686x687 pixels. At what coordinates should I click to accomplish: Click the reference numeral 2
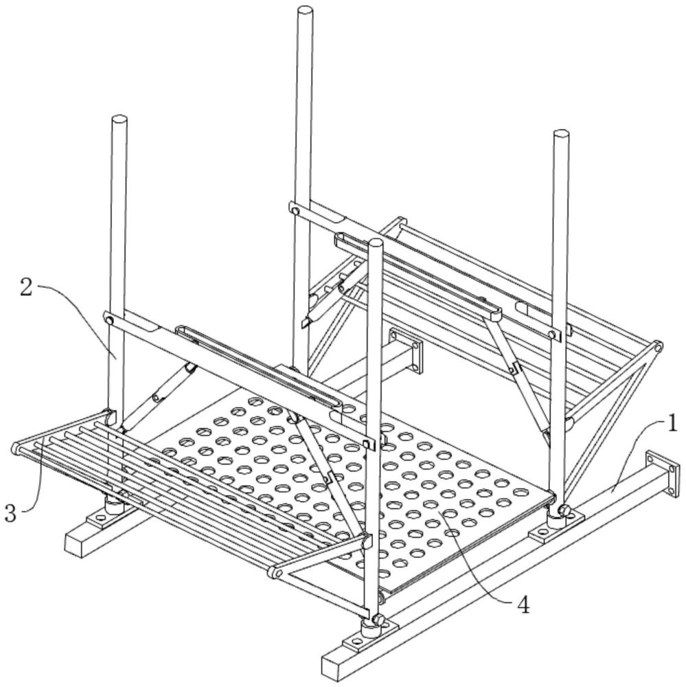26,289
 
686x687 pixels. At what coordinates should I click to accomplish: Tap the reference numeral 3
10,513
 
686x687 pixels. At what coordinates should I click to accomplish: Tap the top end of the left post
119,120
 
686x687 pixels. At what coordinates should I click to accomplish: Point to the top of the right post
561,134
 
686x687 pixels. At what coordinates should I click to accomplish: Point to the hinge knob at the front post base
378,620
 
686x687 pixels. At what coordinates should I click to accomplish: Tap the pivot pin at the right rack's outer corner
657,348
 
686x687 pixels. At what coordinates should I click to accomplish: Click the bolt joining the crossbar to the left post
109,321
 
